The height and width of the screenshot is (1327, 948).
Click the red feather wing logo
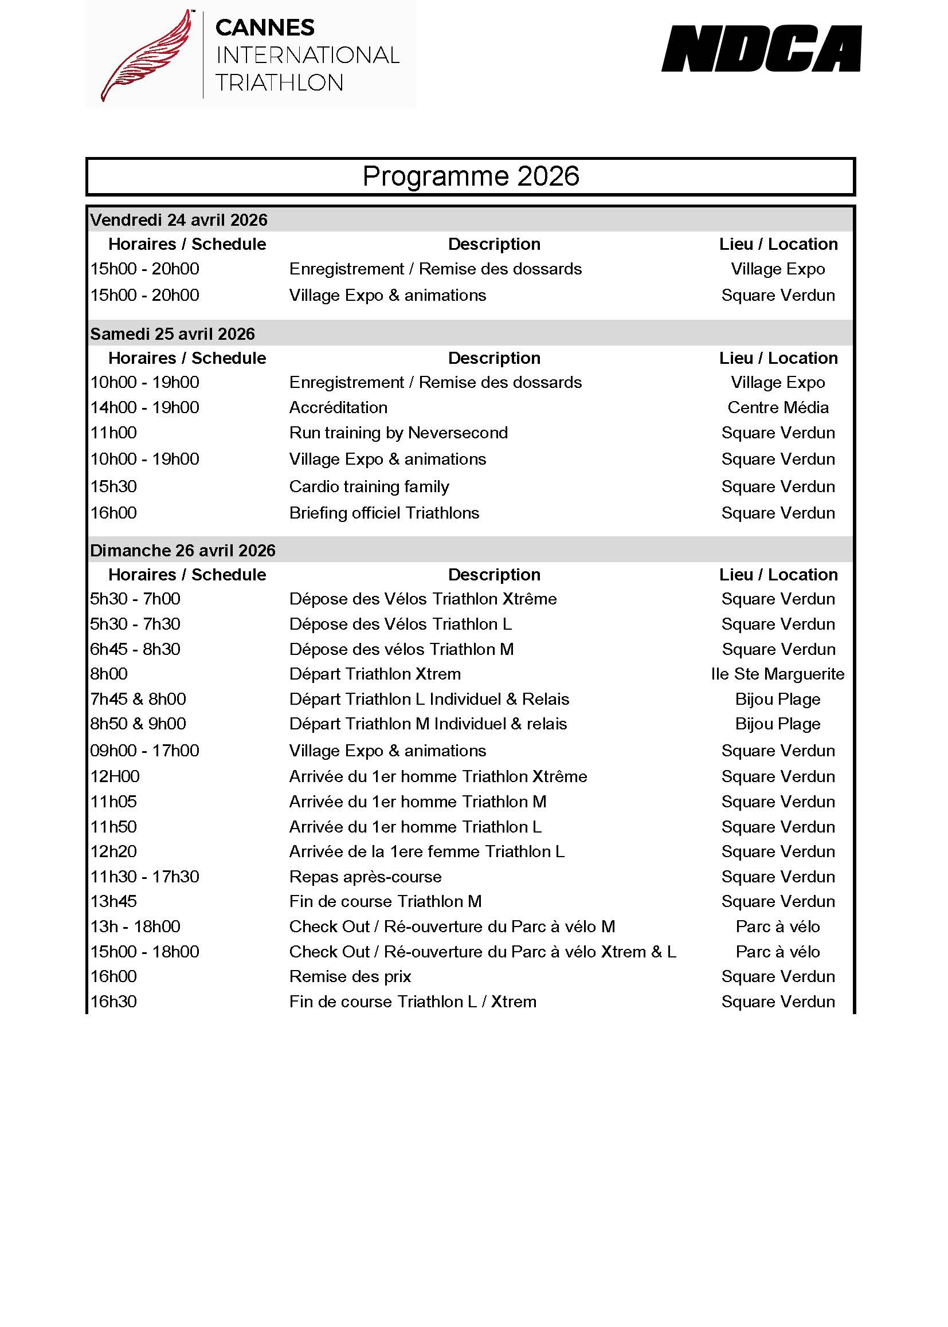146,56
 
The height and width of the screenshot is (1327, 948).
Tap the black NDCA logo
761,49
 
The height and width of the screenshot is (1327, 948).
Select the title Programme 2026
471,176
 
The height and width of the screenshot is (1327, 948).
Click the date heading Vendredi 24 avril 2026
179,220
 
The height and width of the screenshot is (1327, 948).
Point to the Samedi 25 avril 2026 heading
172,334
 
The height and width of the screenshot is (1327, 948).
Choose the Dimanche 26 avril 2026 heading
183,550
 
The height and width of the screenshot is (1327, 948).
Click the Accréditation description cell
338,407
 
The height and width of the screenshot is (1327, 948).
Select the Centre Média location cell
778,407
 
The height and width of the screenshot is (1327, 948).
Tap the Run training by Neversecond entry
398,433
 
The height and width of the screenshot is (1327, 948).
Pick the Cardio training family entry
369,486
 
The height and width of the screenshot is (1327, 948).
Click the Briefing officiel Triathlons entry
384,513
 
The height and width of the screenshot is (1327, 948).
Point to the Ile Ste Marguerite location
778,674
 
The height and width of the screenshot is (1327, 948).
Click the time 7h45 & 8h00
138,699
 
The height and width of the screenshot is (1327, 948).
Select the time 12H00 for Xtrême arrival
115,776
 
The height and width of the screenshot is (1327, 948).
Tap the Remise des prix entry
350,976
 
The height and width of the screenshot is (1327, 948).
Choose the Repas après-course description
366,877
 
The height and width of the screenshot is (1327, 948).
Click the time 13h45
113,901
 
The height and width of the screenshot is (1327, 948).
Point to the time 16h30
113,1002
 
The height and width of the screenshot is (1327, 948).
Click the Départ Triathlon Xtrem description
375,674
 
